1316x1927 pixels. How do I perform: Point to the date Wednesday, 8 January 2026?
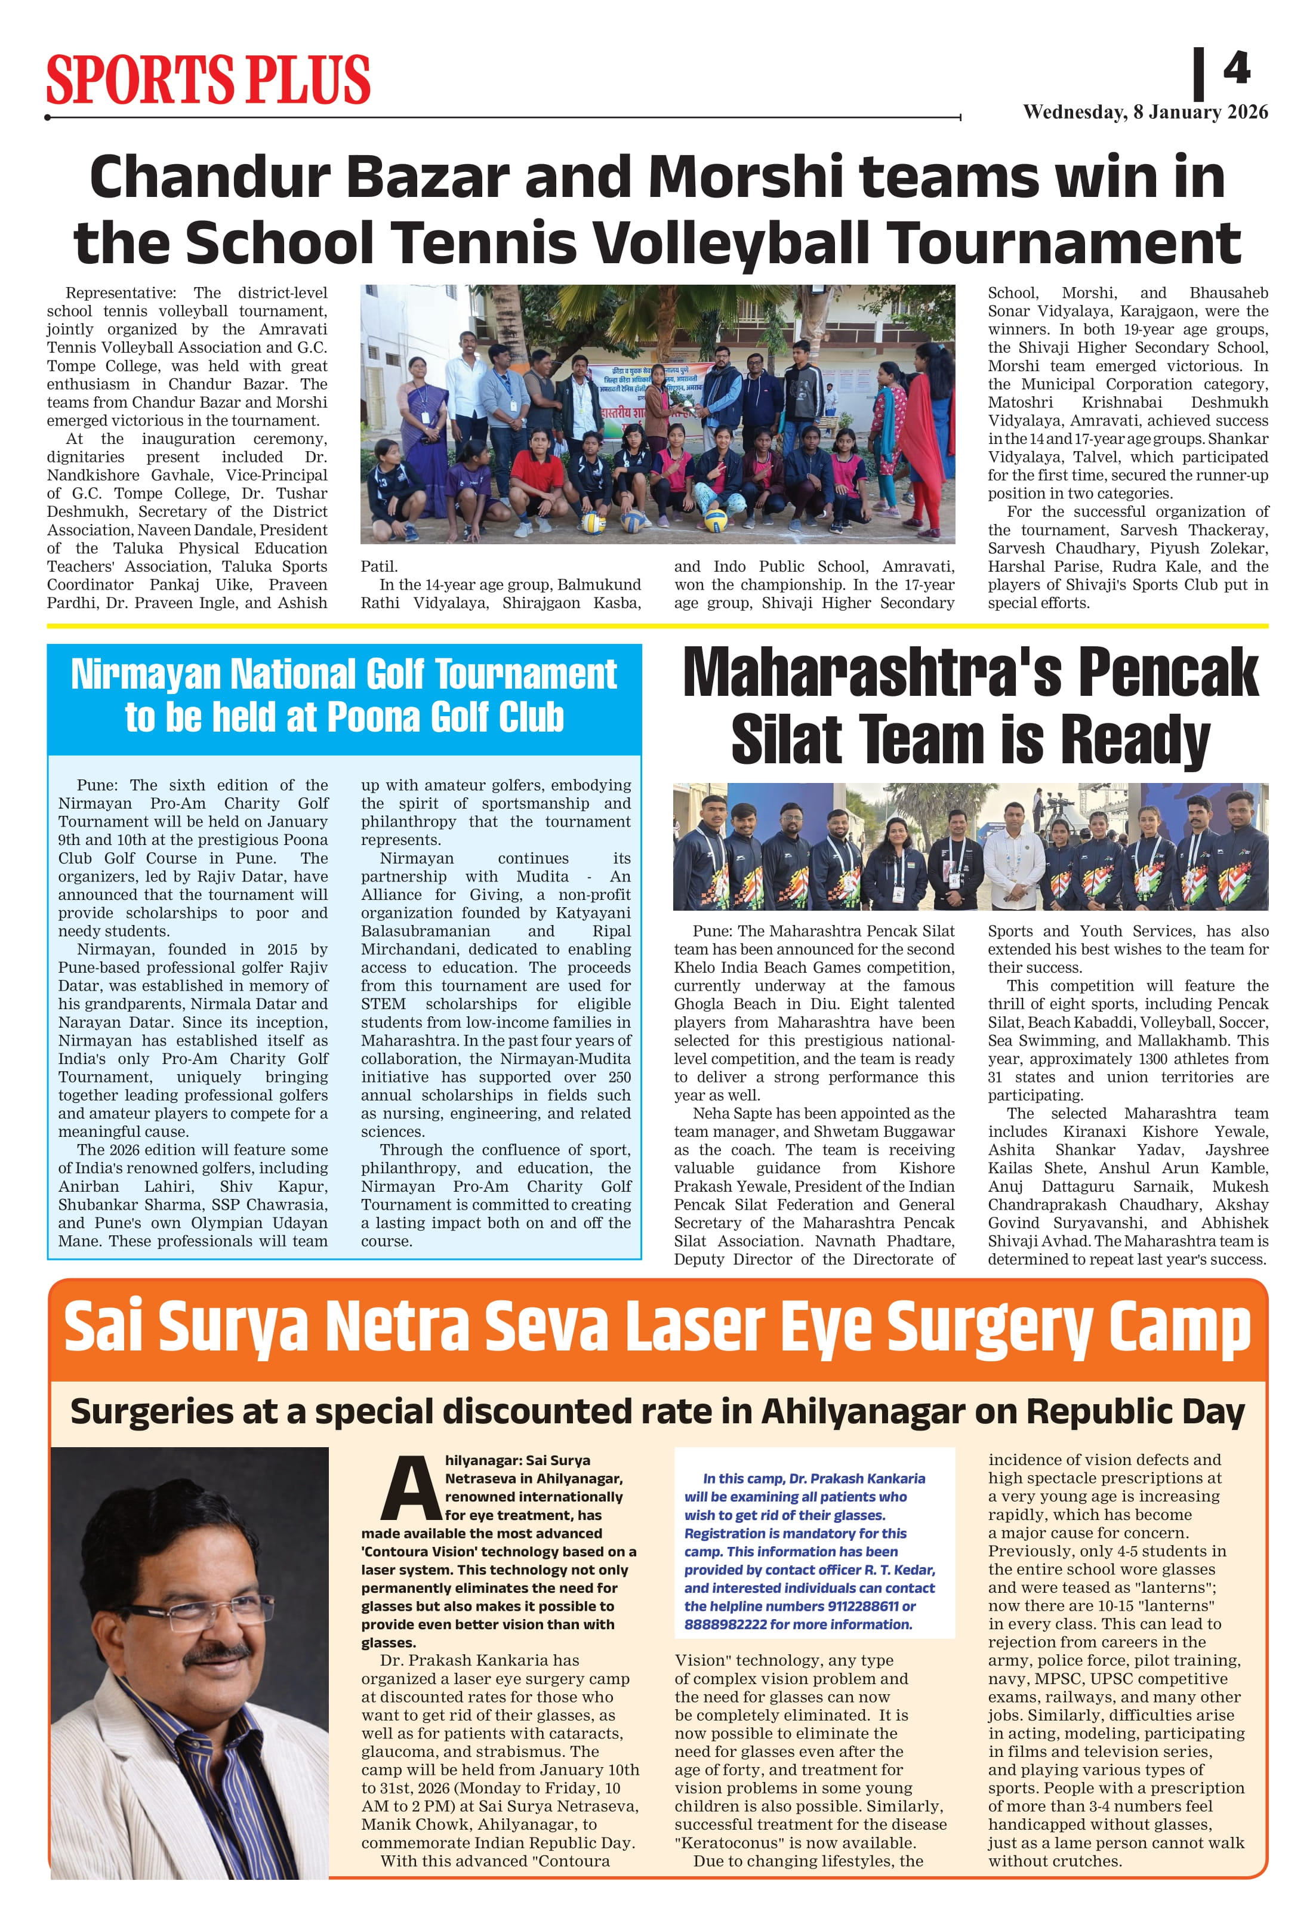[1145, 113]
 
